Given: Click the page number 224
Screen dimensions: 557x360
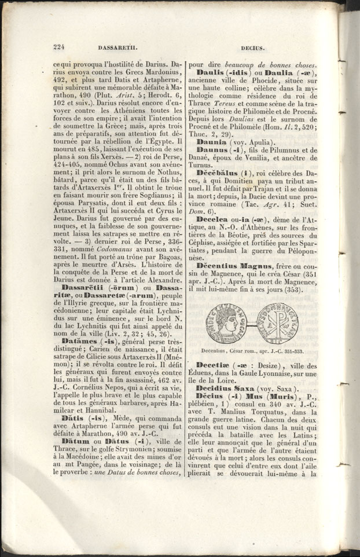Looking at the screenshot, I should point(58,49).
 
